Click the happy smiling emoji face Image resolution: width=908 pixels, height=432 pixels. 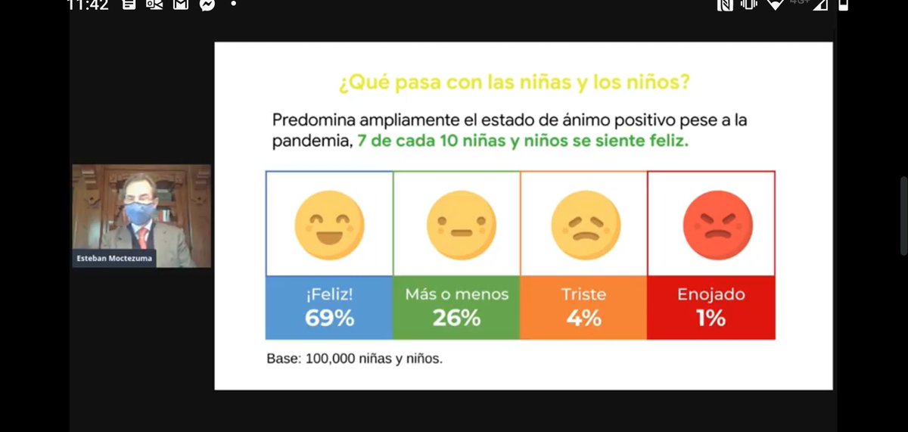tap(329, 225)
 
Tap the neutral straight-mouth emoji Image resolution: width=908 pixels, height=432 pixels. tap(456, 225)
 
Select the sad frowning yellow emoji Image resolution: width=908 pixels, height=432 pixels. tap(584, 225)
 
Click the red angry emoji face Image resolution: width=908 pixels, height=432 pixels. tap(711, 225)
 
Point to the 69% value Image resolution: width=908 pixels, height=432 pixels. tap(329, 319)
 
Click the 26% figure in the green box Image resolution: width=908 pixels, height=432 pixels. tap(456, 319)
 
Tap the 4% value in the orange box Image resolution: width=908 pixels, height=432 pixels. tap(583, 319)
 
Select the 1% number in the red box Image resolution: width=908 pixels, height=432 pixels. tap(711, 319)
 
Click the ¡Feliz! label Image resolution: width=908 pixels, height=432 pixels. tap(329, 295)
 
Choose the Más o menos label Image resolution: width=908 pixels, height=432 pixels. tap(456, 295)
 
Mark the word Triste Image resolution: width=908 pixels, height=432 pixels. tap(583, 295)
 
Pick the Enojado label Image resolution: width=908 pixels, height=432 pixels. tap(711, 295)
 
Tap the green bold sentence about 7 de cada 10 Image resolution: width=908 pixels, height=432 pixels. tap(522, 141)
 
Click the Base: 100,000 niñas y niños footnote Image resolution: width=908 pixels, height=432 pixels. tap(354, 359)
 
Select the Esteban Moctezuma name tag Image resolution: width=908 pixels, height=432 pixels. tap(113, 258)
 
